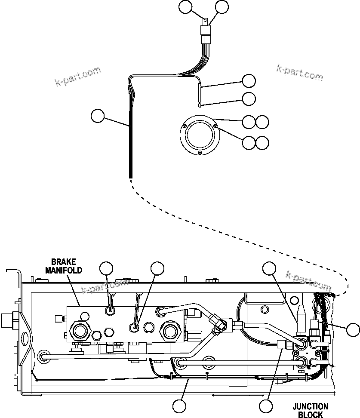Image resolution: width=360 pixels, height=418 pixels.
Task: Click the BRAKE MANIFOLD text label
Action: [67, 266]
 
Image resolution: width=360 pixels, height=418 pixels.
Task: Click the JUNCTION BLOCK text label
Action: [310, 410]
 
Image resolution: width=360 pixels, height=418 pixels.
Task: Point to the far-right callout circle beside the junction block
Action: [353, 329]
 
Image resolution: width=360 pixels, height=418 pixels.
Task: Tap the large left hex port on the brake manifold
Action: [80, 331]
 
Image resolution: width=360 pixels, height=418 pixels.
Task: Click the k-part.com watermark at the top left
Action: [78, 76]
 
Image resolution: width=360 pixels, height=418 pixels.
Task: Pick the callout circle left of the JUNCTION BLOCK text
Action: [266, 405]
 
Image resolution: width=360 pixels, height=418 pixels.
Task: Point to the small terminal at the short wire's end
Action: [200, 104]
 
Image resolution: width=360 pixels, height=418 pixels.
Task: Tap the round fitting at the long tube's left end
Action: [43, 355]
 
